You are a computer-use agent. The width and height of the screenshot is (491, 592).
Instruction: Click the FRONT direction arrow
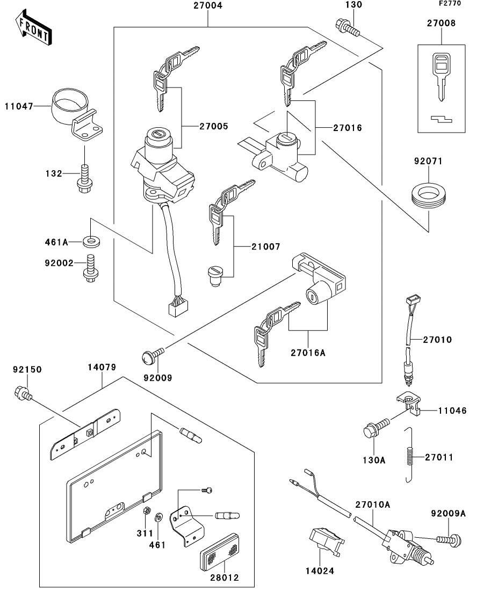34,29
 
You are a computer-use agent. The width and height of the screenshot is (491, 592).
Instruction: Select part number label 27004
207,6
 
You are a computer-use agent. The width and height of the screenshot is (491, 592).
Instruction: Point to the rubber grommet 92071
428,195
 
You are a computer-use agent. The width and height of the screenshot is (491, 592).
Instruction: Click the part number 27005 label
214,127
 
